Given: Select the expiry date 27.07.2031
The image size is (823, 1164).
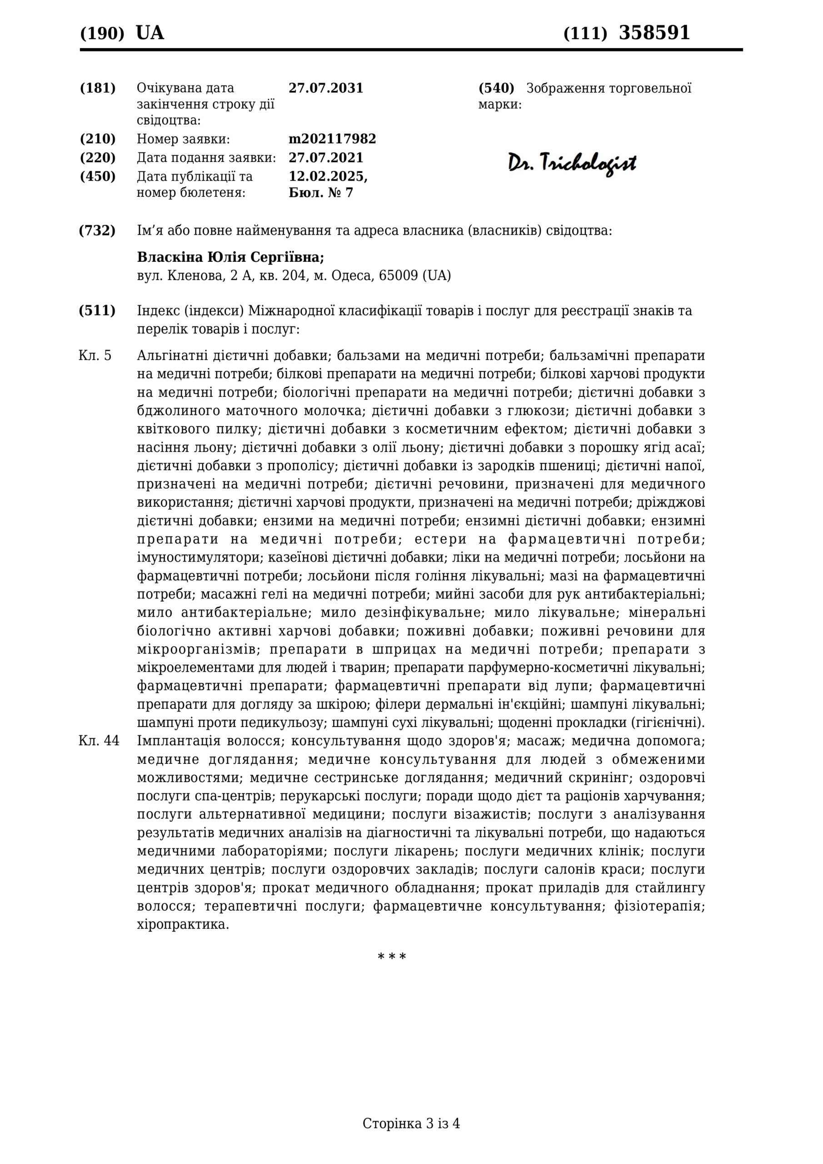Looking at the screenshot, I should [x=326, y=88].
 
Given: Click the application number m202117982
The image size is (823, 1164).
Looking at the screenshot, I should [x=332, y=139].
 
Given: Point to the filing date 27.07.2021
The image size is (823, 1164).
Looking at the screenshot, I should [x=326, y=158].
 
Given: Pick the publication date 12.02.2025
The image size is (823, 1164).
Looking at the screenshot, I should [x=327, y=176].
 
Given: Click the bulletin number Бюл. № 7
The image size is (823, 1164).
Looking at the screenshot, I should [x=320, y=193].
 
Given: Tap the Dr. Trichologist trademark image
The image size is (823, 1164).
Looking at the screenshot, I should [x=572, y=163].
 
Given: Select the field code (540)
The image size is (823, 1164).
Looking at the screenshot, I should [x=496, y=88].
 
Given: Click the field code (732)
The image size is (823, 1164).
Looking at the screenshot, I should [x=97, y=231].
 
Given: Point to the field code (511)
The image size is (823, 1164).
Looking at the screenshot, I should [x=97, y=311].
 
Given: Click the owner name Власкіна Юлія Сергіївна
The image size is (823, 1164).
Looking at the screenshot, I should [x=230, y=257].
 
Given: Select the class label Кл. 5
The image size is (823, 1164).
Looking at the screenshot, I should [x=95, y=356].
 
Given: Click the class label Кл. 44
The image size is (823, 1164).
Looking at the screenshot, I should [x=99, y=741].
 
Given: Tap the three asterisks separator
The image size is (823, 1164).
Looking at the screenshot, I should [x=392, y=957].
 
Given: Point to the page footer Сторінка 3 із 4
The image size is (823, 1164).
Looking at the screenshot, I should [x=411, y=1138].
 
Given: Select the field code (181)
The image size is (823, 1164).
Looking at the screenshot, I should [x=97, y=88].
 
